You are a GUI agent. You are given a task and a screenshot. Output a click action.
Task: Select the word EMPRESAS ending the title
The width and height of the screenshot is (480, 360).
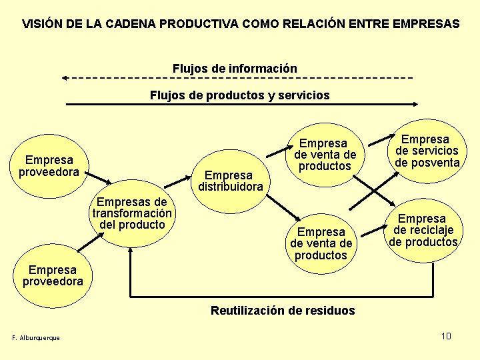pyautogui.click(x=427, y=24)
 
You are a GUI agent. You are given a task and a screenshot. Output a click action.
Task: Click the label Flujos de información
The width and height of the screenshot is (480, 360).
pyautogui.click(x=235, y=69)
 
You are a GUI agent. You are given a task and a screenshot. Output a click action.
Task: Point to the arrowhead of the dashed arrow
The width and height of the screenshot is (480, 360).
pyautogui.click(x=65, y=78)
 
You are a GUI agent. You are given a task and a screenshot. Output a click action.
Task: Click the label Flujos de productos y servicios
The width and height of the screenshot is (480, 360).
pyautogui.click(x=239, y=95)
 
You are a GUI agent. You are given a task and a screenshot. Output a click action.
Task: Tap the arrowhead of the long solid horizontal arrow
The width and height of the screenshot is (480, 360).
pyautogui.click(x=415, y=104)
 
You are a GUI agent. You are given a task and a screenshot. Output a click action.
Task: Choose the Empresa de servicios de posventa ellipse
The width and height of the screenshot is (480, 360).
pyautogui.click(x=427, y=151)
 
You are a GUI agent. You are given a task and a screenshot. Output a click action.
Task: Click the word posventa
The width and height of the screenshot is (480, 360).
pyautogui.click(x=427, y=163)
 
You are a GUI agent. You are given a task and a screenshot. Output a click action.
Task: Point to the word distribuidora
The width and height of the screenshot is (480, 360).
pyautogui.click(x=231, y=187)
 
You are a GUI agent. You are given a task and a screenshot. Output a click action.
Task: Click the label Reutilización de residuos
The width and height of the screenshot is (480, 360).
pyautogui.click(x=283, y=310)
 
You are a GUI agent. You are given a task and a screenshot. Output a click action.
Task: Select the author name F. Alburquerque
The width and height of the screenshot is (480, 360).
pyautogui.click(x=36, y=337)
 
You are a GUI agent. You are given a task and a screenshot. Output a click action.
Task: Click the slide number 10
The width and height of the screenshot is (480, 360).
pyautogui.click(x=446, y=335)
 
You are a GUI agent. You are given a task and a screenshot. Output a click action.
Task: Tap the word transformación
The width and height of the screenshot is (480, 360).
pyautogui.click(x=132, y=213)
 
